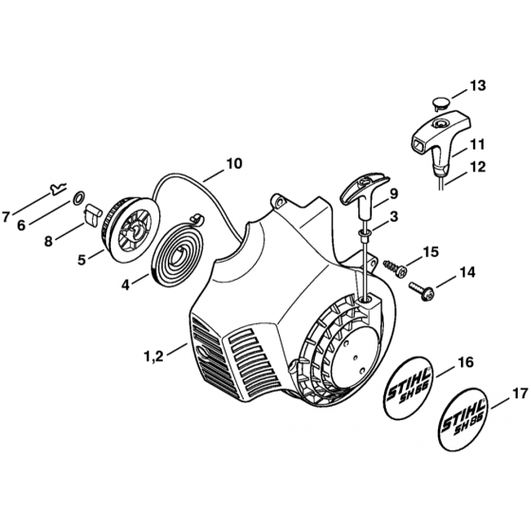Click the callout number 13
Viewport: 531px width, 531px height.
[477, 86]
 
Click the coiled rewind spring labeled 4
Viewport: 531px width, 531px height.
[178, 240]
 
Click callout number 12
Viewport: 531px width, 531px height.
[477, 168]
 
